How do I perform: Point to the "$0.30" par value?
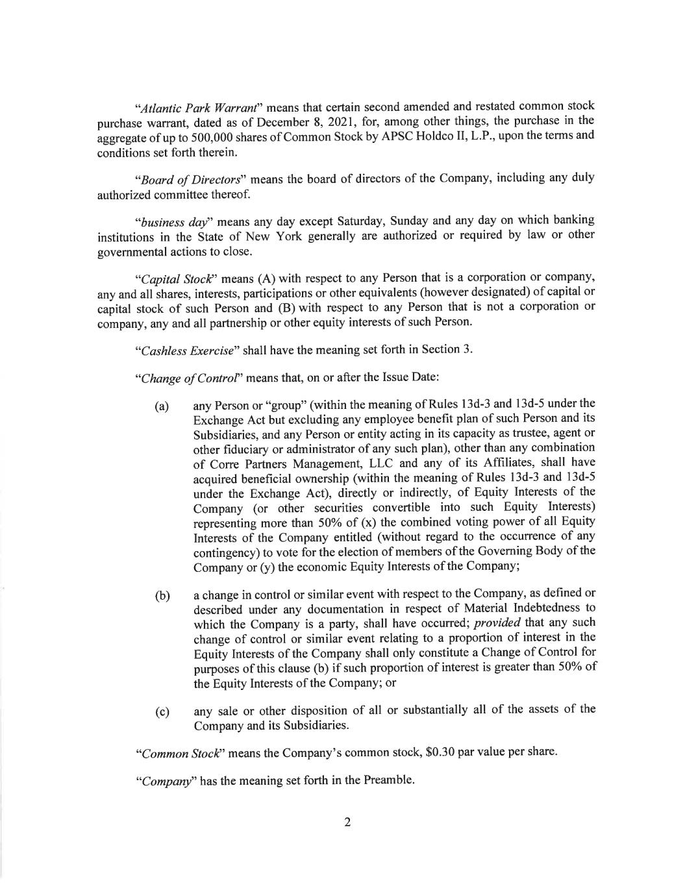point(441,753)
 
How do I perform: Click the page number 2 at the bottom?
point(347,822)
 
